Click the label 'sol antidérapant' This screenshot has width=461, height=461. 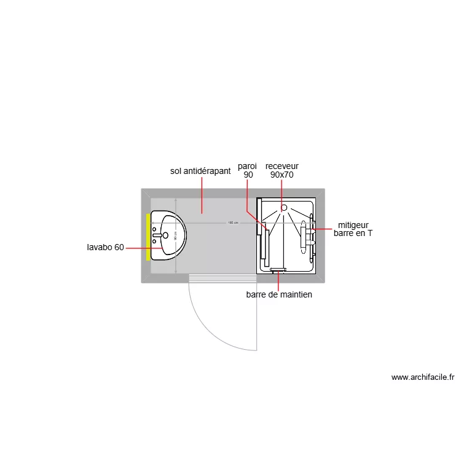point(200,171)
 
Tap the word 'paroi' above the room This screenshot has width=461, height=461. point(247,166)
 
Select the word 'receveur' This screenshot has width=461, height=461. point(282,166)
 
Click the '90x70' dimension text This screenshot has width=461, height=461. point(282,175)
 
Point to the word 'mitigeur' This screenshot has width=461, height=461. point(353,225)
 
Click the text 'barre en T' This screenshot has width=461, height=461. point(353,234)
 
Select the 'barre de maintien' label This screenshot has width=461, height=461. point(279,295)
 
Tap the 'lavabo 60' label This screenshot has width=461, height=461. point(106,248)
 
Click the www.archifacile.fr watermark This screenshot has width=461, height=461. point(422,377)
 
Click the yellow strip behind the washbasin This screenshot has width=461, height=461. point(148,237)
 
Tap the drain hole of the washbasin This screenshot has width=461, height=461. point(165,235)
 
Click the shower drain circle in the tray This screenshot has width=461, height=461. point(284,207)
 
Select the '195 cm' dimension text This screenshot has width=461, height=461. point(232,223)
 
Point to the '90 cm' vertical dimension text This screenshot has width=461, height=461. point(175,235)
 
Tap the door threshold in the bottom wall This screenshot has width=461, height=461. point(223,278)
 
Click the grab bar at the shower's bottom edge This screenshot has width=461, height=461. point(278,269)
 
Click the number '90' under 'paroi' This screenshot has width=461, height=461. point(248,175)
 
